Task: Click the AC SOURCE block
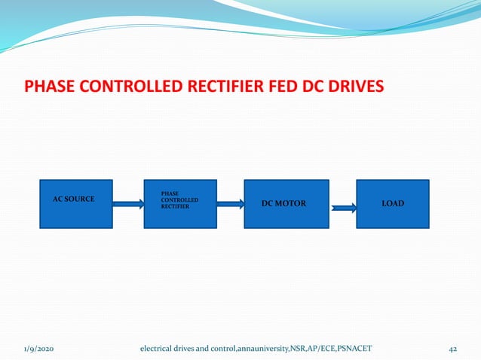click(x=75, y=215)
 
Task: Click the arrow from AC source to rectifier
click(x=128, y=203)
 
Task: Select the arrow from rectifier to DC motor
click(x=230, y=203)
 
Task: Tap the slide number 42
click(x=453, y=348)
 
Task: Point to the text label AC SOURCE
click(x=73, y=199)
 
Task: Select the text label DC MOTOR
click(x=283, y=203)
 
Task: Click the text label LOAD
click(x=392, y=203)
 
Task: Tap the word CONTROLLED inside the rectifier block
click(x=180, y=200)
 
